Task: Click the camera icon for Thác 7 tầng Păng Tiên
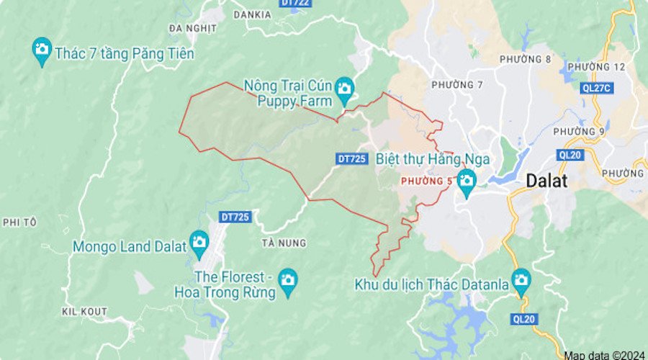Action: (x=42, y=50)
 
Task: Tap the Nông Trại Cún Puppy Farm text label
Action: (x=288, y=93)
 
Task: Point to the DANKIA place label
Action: (x=252, y=14)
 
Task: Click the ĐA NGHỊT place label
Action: (x=192, y=28)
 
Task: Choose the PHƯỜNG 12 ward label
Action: (x=602, y=66)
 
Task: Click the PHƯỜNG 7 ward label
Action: (x=456, y=85)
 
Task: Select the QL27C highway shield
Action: (x=597, y=87)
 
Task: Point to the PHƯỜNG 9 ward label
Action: (x=579, y=131)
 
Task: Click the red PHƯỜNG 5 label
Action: (x=426, y=181)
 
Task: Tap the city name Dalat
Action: (x=546, y=181)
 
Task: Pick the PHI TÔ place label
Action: (x=19, y=222)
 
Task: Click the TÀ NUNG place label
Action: (x=284, y=243)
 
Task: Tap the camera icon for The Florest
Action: (x=288, y=279)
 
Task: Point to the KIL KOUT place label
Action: (x=84, y=311)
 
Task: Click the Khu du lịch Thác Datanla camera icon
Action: (x=521, y=279)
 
